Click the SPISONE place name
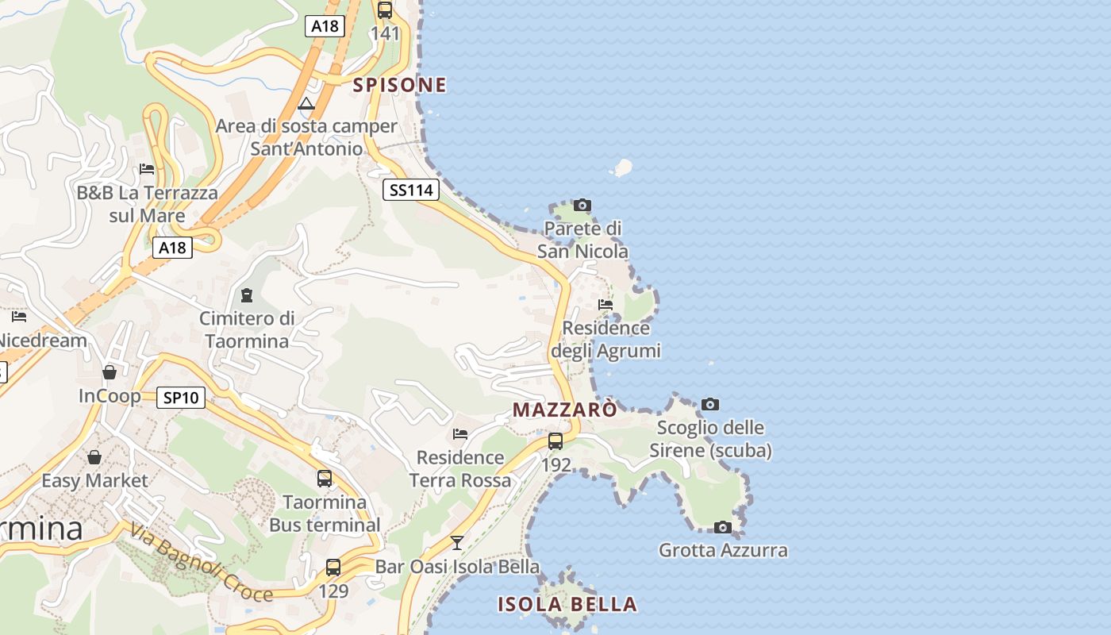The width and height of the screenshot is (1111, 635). [x=399, y=85]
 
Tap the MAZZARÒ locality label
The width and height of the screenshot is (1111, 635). [x=564, y=410]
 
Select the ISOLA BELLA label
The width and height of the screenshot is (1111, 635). [x=567, y=604]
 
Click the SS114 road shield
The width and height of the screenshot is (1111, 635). [x=410, y=190]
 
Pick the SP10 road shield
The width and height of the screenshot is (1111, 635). [x=181, y=398]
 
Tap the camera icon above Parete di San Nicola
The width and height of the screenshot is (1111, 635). [x=582, y=206]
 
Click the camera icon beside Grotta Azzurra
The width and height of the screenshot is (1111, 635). [x=722, y=527]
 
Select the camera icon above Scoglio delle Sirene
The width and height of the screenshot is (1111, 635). [x=710, y=405]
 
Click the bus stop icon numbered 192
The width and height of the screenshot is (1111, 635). [x=555, y=441]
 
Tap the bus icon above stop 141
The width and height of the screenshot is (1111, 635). [x=385, y=10]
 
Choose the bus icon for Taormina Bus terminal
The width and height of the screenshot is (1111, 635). [x=325, y=479]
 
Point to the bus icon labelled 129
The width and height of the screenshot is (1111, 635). [x=333, y=568]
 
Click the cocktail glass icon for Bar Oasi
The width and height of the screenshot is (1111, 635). [x=457, y=543]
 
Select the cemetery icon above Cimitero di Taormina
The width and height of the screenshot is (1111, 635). [x=247, y=295]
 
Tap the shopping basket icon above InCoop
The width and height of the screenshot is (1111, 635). [x=110, y=372]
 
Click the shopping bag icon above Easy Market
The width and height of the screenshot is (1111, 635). [x=94, y=457]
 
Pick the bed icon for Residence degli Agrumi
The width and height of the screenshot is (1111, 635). [x=605, y=305]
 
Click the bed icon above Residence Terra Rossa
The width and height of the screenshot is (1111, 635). [x=460, y=434]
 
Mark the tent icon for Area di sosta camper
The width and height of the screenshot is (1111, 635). [x=306, y=103]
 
